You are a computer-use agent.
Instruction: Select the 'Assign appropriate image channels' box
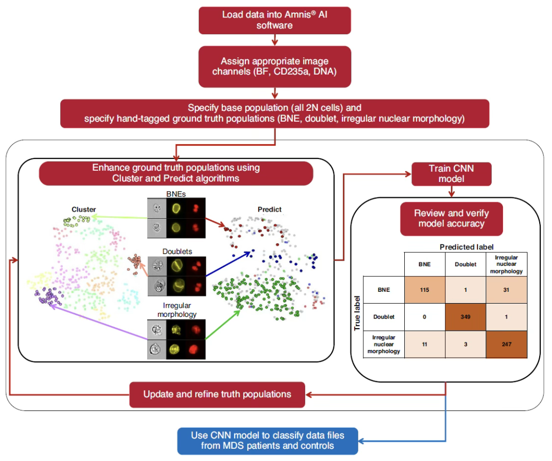point(275,66)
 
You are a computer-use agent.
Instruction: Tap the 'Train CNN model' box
point(451,174)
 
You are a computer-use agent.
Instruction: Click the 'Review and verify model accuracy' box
point(452,219)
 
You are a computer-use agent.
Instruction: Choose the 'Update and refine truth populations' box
point(217,395)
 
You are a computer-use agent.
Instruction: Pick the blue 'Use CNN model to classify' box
point(268,441)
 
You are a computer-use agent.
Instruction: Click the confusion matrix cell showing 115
point(424,290)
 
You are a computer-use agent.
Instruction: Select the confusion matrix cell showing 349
point(465,316)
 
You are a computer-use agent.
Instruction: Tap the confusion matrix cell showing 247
point(506,343)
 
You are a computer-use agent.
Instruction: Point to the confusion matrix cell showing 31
point(506,290)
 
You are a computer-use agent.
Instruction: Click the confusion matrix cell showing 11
point(424,343)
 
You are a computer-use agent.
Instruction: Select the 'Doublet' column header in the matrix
point(465,265)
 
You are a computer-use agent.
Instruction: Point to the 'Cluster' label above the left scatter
point(84,210)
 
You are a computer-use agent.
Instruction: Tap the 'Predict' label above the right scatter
point(269,209)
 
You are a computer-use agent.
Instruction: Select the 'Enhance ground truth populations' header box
point(176,173)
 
